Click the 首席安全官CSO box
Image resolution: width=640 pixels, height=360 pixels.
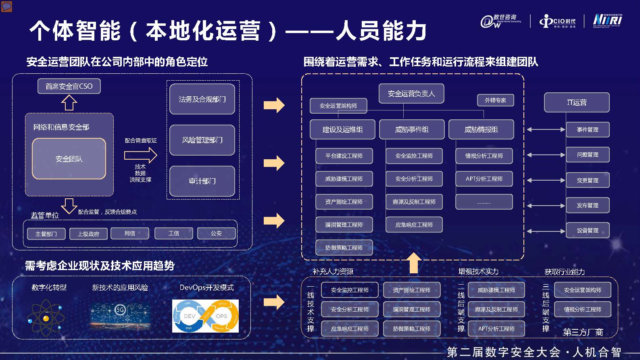(x=69, y=86)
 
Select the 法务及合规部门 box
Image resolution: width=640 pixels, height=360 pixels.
(x=202, y=99)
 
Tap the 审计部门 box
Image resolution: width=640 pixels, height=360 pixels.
(x=202, y=181)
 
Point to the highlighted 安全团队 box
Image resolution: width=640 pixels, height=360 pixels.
(x=69, y=159)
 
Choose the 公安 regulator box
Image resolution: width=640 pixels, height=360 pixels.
(x=216, y=233)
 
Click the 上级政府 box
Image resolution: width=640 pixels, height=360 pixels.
(x=88, y=234)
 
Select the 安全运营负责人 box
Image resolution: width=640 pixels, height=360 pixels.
(x=411, y=94)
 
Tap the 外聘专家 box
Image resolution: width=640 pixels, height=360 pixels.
(x=495, y=100)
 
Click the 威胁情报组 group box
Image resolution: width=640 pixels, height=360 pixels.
(x=481, y=129)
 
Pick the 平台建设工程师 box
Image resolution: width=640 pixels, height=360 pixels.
(x=344, y=156)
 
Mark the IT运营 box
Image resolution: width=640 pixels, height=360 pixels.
(x=577, y=102)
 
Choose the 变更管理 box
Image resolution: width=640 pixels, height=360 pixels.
(x=588, y=180)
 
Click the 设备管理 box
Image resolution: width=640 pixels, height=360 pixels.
(x=588, y=231)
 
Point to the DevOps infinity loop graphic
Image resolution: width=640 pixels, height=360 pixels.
(x=205, y=316)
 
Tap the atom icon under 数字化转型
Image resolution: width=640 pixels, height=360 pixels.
(x=46, y=318)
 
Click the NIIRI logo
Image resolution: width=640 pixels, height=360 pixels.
(x=607, y=21)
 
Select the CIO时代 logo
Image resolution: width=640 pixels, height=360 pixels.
(x=558, y=21)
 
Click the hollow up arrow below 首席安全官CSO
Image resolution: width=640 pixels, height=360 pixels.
(x=69, y=103)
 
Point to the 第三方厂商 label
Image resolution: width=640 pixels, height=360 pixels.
(x=583, y=332)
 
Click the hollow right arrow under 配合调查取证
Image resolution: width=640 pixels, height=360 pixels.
(x=140, y=155)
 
